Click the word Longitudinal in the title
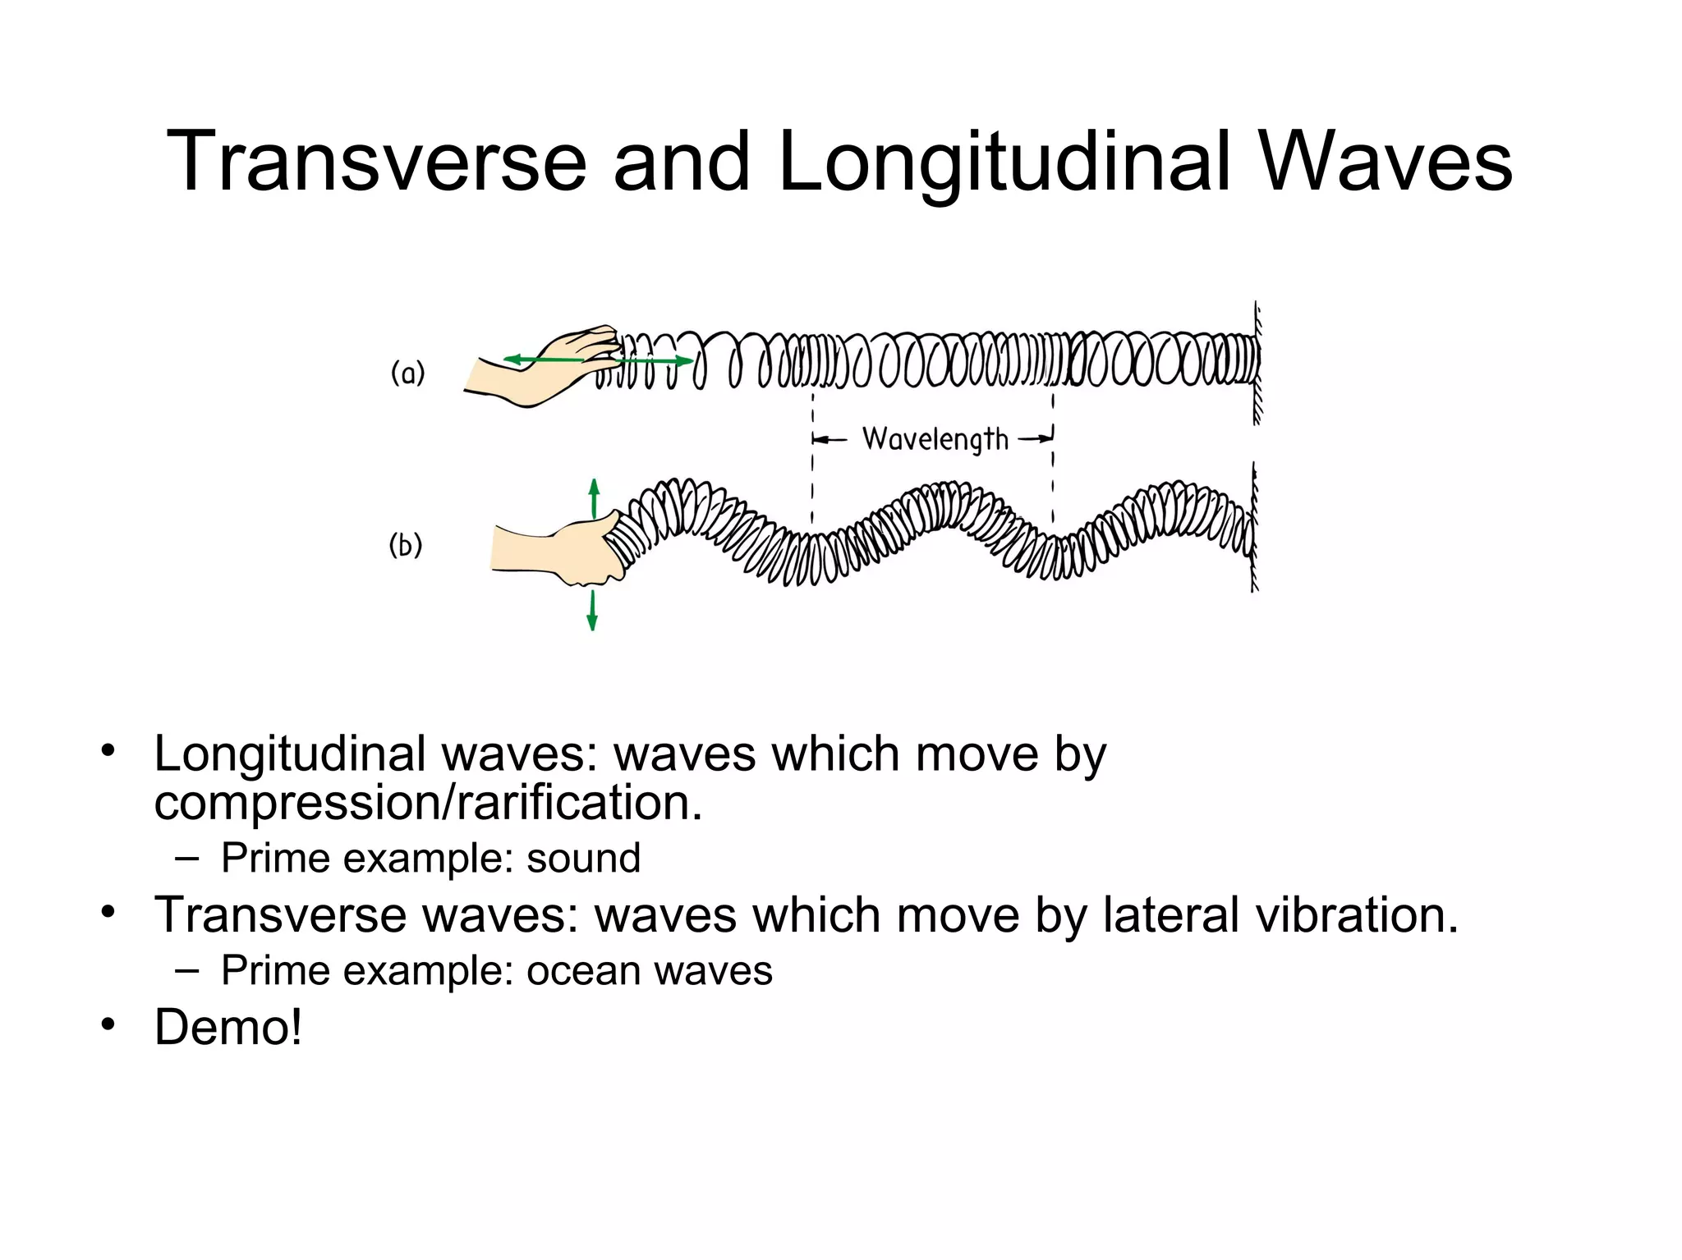click(1004, 163)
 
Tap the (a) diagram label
click(407, 373)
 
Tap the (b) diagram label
click(405, 545)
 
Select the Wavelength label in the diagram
click(935, 439)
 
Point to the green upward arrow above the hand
click(594, 497)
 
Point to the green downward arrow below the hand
click(592, 612)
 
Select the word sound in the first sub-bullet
click(583, 859)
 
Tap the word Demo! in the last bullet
click(228, 1027)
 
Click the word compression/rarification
click(428, 802)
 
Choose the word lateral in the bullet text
click(1170, 914)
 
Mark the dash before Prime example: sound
click(186, 859)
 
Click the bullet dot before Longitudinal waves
click(108, 750)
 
